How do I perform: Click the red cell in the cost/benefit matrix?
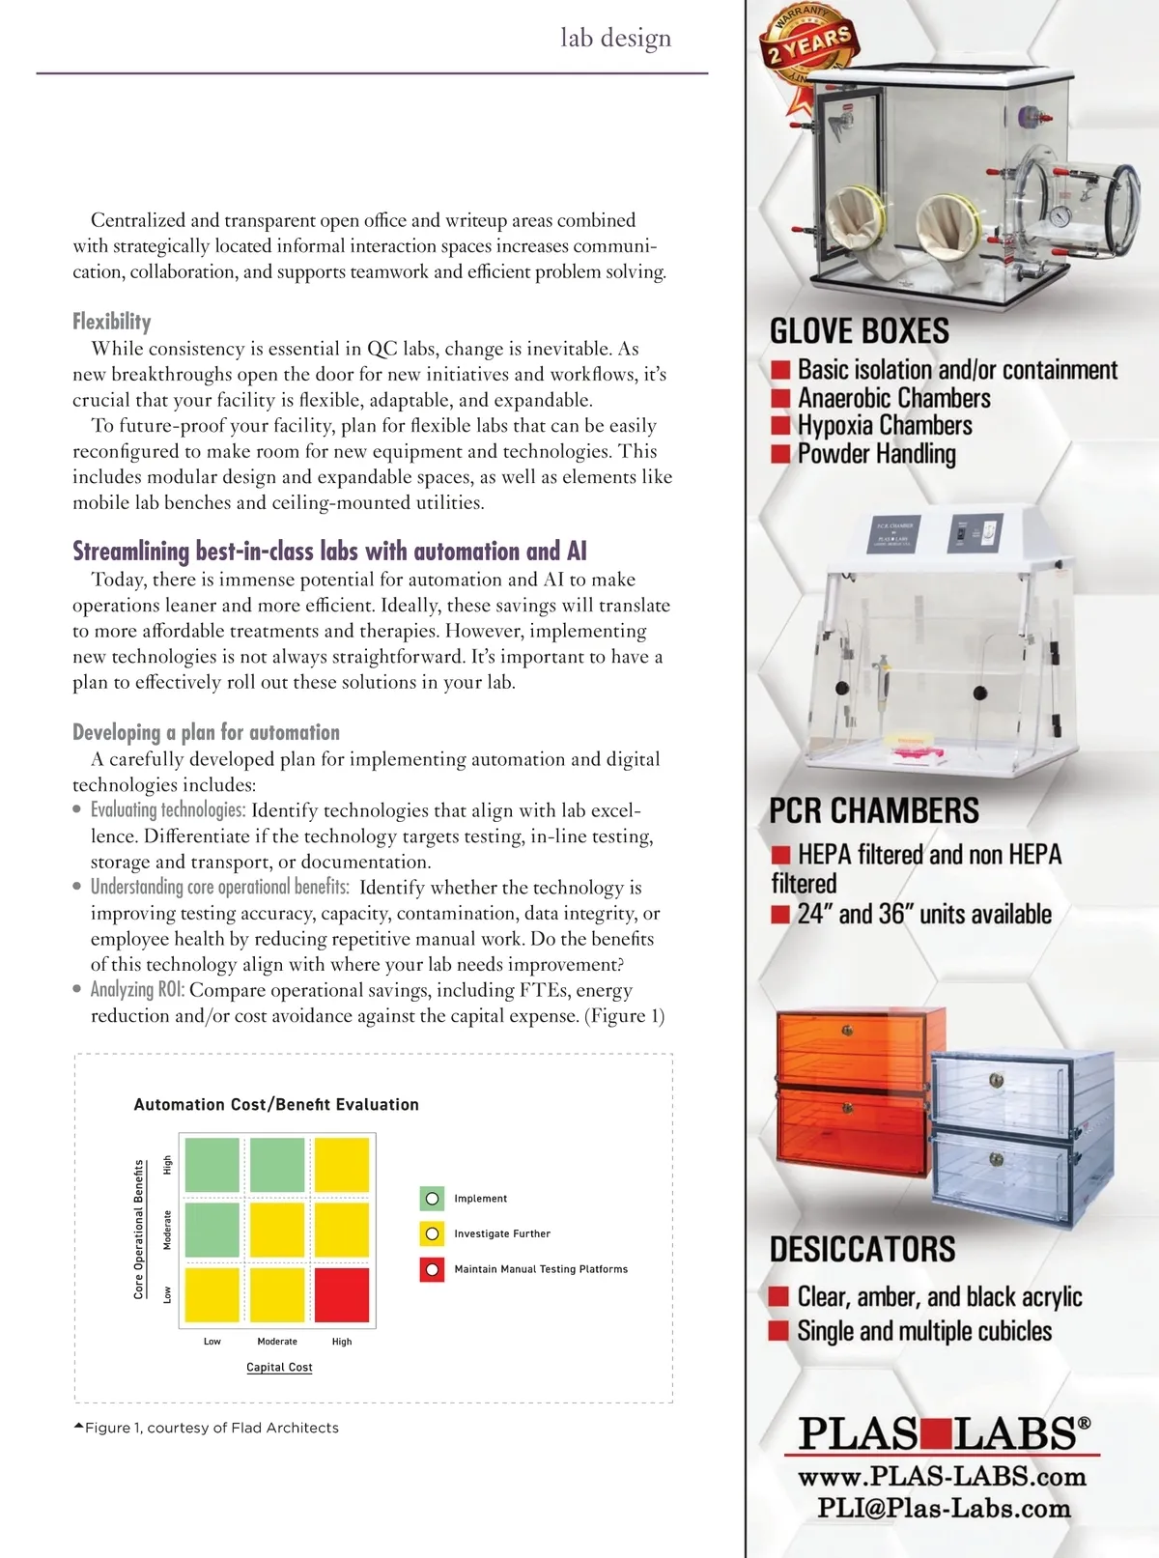[342, 1294]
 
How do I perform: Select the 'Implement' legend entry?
[480, 1199]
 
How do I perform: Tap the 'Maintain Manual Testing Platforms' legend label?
[541, 1269]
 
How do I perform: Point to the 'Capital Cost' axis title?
[279, 1367]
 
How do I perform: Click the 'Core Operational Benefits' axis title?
[139, 1229]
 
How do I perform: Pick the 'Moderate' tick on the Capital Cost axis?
[277, 1342]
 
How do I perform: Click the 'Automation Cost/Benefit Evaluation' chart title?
[276, 1104]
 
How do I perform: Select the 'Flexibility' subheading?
[112, 322]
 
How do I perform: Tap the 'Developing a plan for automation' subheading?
[206, 732]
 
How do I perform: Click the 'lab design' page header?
[615, 38]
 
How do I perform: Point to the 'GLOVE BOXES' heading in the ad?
[859, 331]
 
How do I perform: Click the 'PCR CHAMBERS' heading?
[873, 810]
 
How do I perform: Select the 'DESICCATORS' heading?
[862, 1249]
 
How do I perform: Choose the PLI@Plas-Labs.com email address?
[944, 1509]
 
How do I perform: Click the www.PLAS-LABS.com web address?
[942, 1476]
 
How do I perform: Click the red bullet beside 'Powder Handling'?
[780, 454]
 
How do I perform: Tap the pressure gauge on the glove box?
[1062, 215]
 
